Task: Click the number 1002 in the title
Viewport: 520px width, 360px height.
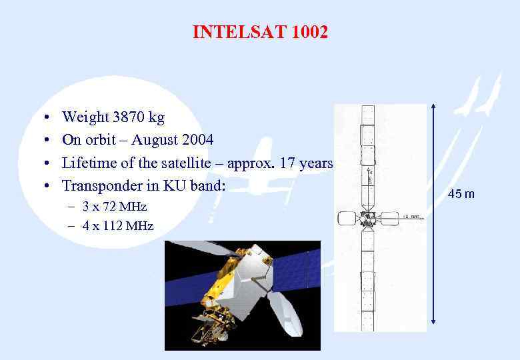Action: (309, 32)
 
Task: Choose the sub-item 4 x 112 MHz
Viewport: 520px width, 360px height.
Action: (118, 226)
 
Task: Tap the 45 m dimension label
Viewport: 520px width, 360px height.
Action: (461, 194)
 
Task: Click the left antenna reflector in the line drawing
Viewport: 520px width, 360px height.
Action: (347, 219)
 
